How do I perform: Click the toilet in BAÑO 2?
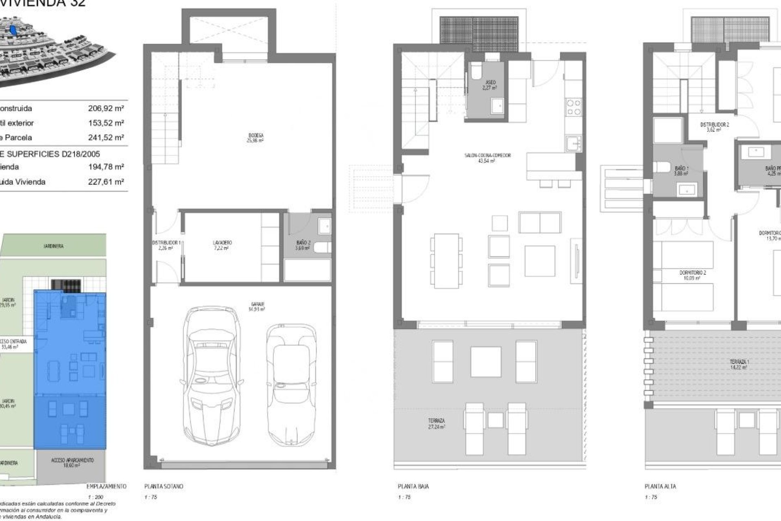325,246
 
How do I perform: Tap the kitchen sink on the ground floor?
574,143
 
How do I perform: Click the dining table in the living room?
446,260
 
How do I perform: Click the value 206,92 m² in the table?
106,108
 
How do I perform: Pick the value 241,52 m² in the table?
106,138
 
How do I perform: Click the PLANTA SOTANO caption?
164,486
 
